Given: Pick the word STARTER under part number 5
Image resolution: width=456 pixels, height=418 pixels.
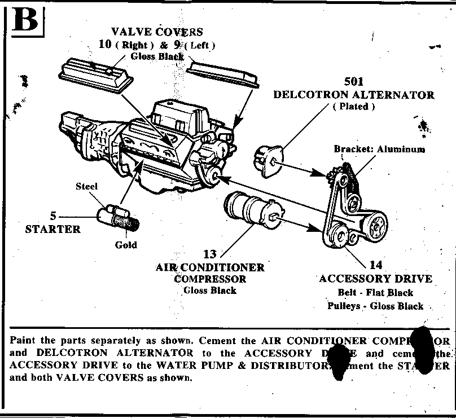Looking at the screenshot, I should (53, 229).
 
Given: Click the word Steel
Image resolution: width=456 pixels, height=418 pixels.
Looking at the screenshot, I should (87, 186).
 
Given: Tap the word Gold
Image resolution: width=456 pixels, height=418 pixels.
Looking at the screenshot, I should (126, 245).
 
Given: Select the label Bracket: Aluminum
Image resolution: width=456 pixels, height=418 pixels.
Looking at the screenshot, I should (379, 149).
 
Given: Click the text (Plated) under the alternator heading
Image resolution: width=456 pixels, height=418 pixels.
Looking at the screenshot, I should (354, 107).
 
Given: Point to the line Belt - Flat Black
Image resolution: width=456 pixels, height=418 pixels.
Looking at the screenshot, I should (375, 293).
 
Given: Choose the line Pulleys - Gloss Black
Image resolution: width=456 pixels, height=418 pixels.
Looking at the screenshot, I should (375, 306).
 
